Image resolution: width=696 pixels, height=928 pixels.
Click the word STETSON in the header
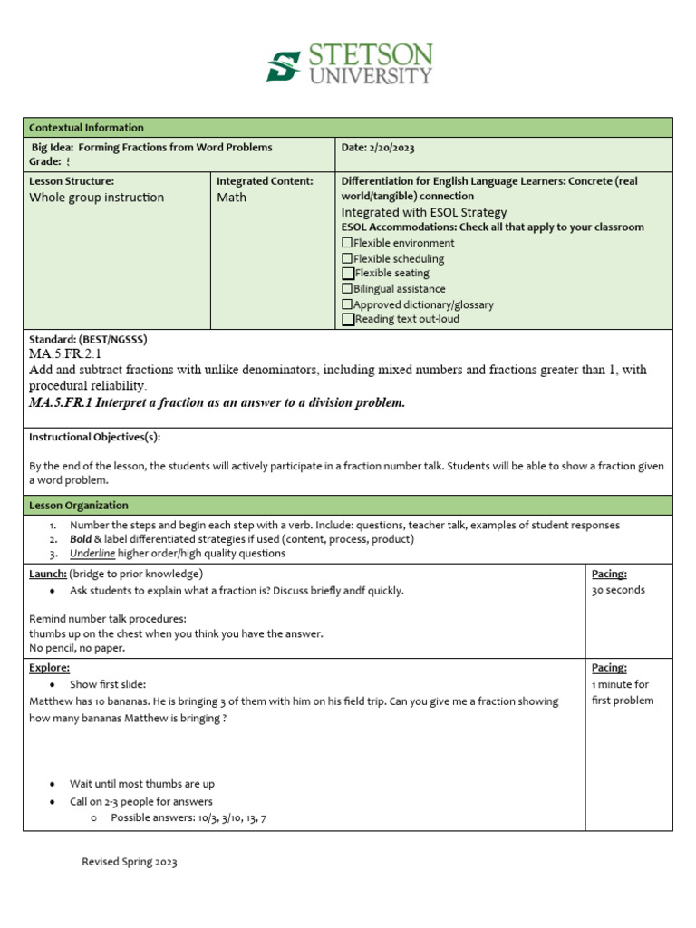click(372, 54)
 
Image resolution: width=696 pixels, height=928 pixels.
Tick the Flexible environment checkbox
click(347, 243)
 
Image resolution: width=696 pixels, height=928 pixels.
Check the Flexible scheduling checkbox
click(347, 258)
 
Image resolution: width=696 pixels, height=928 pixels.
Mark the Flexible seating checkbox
click(348, 273)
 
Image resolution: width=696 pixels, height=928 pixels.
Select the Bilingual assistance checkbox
click(347, 289)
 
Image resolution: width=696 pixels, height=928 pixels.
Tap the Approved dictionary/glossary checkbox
click(347, 304)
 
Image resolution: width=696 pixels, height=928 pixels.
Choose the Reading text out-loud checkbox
click(348, 319)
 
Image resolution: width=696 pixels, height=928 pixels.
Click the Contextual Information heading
click(86, 128)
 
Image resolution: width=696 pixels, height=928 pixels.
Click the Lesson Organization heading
click(79, 506)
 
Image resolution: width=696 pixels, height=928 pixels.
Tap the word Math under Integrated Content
click(231, 198)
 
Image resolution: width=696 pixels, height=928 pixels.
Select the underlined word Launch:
click(47, 574)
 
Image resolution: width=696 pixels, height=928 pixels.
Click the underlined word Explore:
click(49, 667)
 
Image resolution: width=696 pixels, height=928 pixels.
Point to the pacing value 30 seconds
click(618, 590)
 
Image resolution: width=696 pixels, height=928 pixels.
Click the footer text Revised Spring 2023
click(130, 862)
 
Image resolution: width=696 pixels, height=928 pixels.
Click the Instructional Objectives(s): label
click(94, 437)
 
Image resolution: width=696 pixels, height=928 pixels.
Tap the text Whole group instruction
click(97, 198)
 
